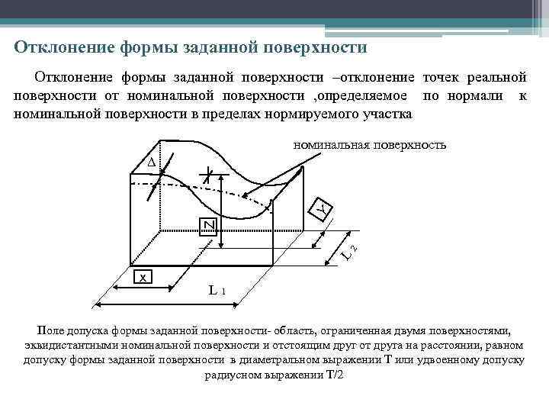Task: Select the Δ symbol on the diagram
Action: pos(150,163)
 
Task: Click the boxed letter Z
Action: pos(208,225)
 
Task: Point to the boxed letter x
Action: pos(142,277)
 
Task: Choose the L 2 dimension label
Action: pos(348,249)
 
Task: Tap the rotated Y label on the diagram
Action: pos(323,208)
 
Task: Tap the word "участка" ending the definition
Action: pos(387,114)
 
